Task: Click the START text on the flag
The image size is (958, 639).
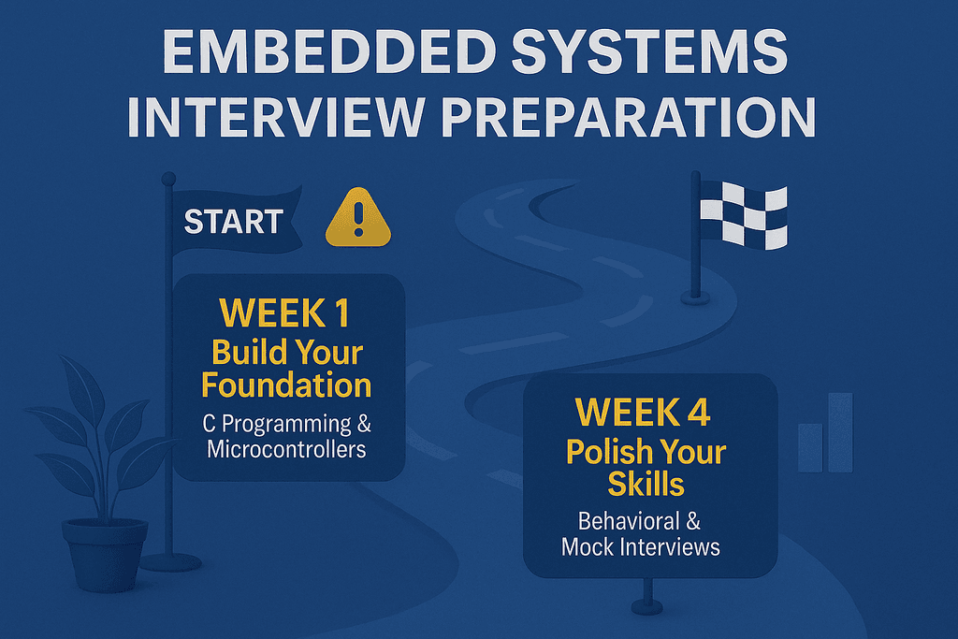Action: click(233, 222)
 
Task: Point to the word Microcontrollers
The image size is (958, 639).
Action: click(286, 449)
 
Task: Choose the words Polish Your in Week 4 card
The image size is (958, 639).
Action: click(646, 452)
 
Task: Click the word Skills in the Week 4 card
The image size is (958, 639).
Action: click(646, 484)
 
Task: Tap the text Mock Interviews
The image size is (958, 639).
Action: click(641, 546)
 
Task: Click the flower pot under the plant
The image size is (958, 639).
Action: click(105, 553)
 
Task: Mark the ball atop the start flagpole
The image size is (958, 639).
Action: click(168, 178)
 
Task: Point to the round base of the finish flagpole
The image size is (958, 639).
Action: click(694, 298)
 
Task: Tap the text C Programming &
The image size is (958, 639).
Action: click(286, 423)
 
